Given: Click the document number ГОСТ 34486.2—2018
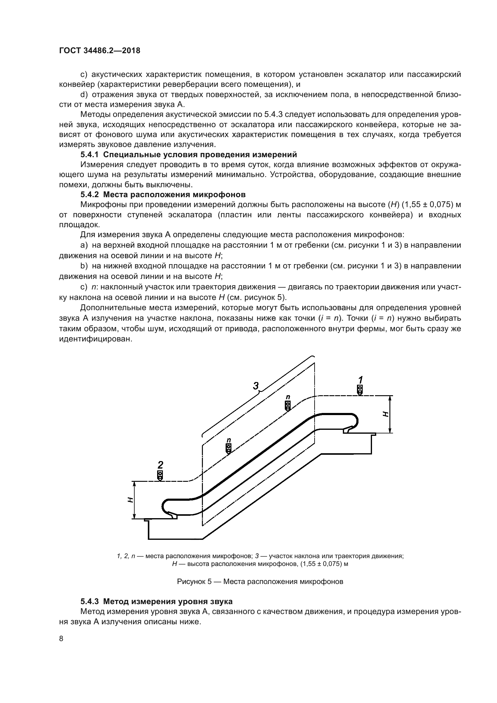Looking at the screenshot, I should click(x=99, y=50).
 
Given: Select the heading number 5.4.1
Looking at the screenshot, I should click(x=89, y=154).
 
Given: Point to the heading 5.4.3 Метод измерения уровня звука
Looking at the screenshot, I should click(x=156, y=601).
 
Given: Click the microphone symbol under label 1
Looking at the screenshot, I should click(x=360, y=390).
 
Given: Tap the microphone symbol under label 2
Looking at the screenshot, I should click(x=160, y=475).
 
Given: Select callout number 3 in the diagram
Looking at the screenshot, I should click(x=255, y=386).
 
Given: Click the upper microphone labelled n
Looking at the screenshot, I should click(x=288, y=405).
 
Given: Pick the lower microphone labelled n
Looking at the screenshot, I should click(x=228, y=448).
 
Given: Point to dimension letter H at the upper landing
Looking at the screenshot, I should click(x=386, y=414).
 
